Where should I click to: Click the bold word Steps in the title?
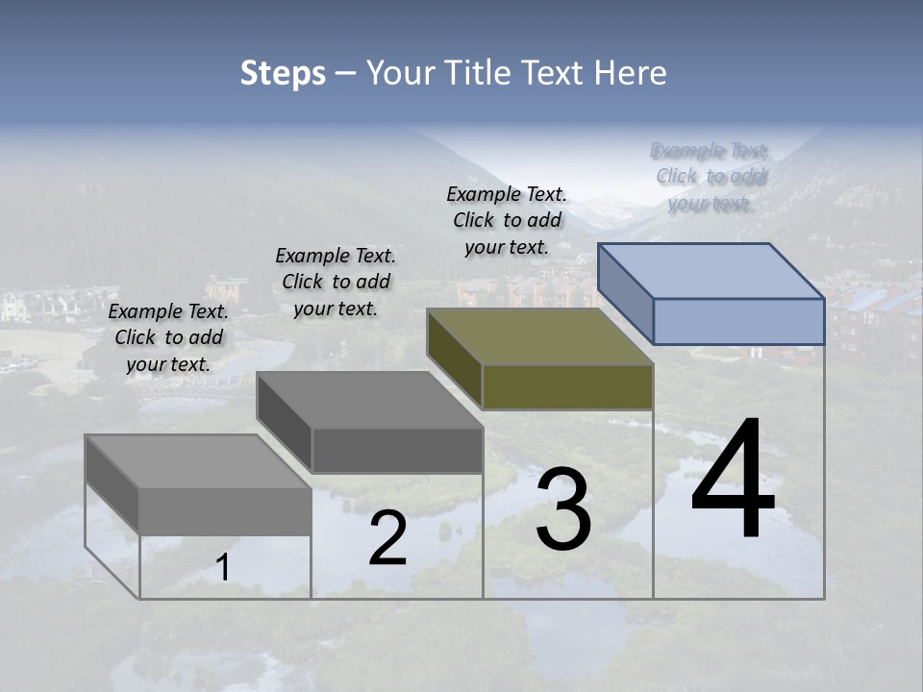point(283,73)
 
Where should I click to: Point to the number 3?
point(563,509)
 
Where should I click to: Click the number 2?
point(387,539)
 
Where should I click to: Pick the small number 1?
point(223,568)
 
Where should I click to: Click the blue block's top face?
point(711,271)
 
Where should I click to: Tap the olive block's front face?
point(567,387)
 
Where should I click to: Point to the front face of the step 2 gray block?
point(397,450)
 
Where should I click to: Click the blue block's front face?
point(738,321)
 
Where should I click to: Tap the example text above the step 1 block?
point(168,337)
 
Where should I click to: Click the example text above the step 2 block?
point(336,282)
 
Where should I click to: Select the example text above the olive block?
point(507,220)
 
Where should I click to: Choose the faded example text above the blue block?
point(711,177)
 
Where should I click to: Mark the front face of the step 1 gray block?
point(225,511)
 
